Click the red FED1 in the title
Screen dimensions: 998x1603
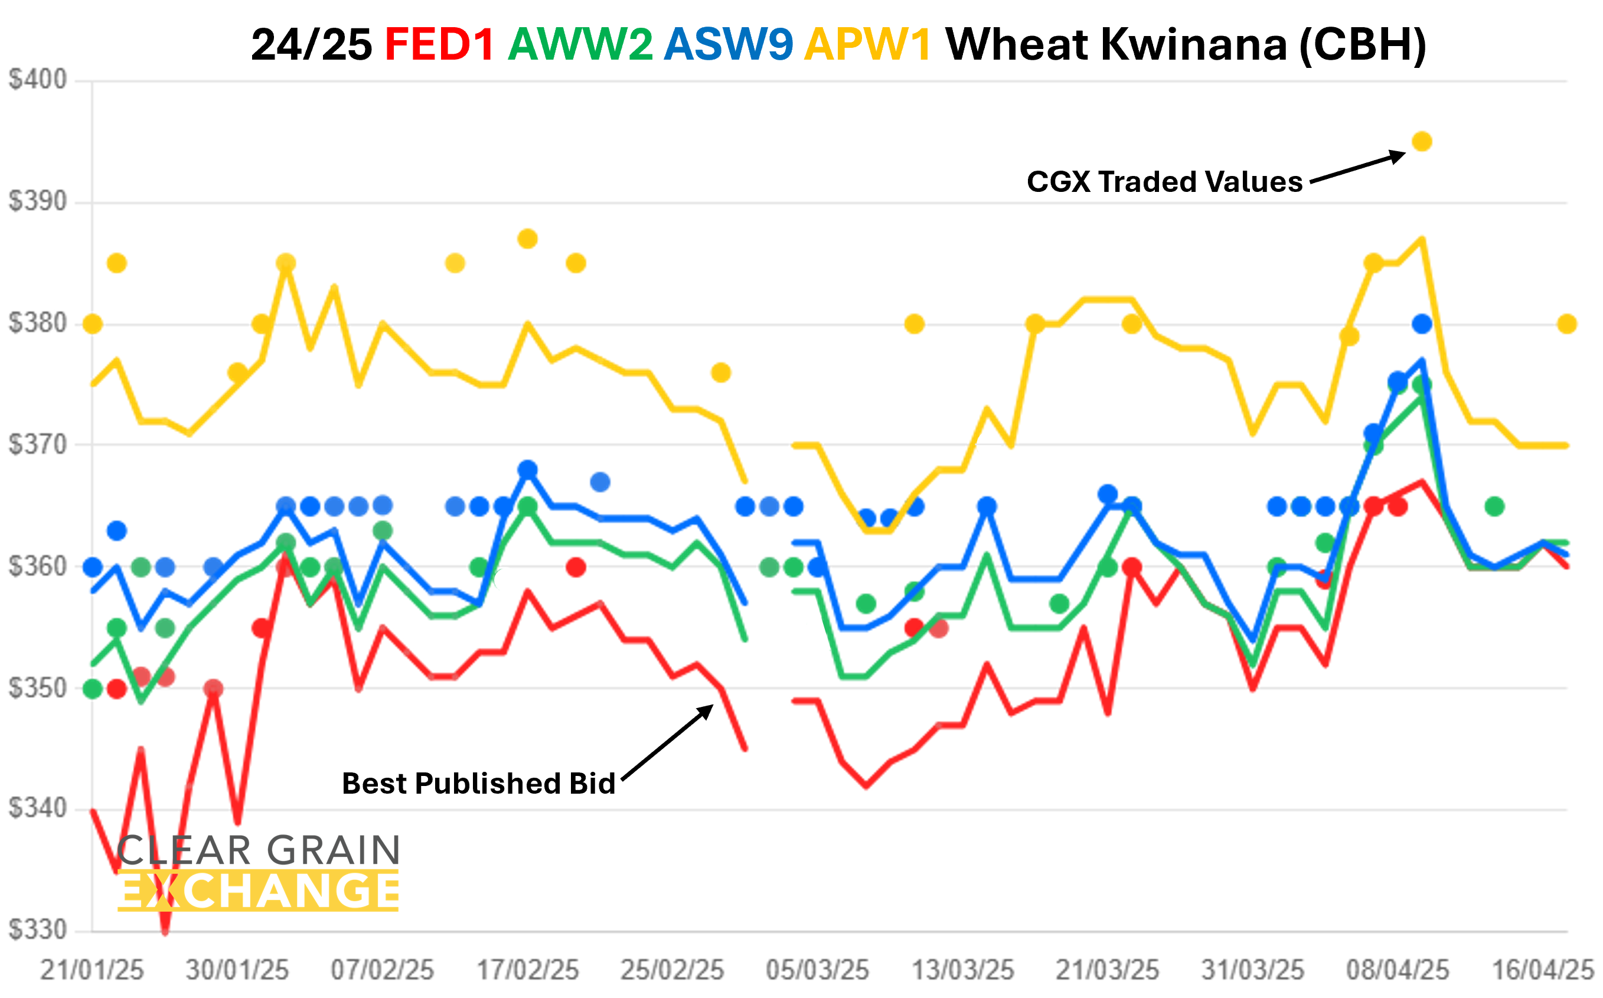click(439, 45)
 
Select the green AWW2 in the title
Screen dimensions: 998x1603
click(580, 45)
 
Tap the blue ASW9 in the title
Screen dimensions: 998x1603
click(728, 45)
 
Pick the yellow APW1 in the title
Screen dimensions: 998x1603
click(868, 45)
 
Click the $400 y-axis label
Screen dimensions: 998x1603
click(38, 80)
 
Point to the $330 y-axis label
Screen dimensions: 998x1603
click(38, 930)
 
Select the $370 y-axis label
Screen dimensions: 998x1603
click(38, 445)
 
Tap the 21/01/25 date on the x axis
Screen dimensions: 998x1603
click(92, 970)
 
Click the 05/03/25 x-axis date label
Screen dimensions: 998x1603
click(817, 970)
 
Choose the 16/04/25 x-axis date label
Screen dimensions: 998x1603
click(1543, 970)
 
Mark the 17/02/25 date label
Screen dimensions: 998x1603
click(527, 970)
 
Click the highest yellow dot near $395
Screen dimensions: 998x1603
click(1422, 141)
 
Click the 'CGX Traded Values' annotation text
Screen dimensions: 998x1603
click(1164, 181)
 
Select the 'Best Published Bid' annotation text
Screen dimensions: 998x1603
click(478, 784)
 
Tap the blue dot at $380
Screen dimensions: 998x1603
click(1422, 324)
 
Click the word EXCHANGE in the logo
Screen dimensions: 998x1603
click(259, 891)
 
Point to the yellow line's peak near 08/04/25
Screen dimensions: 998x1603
click(1422, 240)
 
